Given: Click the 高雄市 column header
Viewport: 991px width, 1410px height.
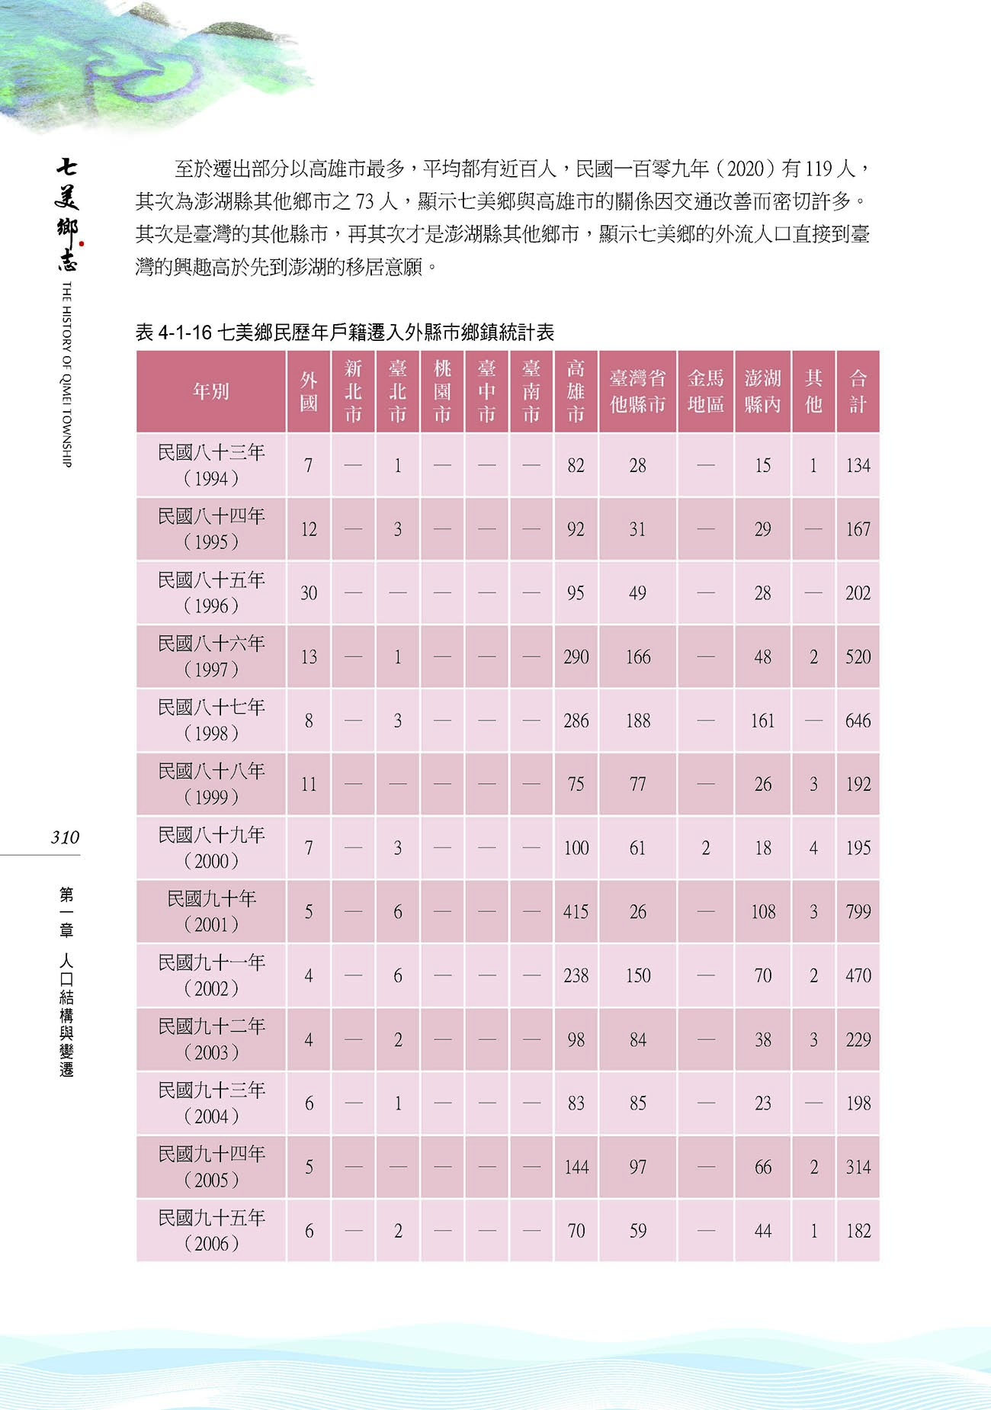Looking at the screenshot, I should (x=576, y=391).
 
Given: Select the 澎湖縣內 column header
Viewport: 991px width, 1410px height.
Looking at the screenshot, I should (x=762, y=391).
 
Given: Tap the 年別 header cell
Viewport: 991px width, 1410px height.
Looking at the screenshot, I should (x=211, y=391).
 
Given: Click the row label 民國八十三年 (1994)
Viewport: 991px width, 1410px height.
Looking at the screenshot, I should (x=211, y=465).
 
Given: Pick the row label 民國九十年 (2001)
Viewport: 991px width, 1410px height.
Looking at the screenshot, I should (x=211, y=911).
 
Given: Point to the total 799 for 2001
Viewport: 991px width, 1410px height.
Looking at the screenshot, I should (x=858, y=912).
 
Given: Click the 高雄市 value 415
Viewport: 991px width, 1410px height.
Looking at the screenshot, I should (x=576, y=912).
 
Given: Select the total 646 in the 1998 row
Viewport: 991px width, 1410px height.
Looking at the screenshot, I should (x=858, y=721).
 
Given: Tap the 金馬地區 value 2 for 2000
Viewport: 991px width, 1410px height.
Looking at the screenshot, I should (x=705, y=848).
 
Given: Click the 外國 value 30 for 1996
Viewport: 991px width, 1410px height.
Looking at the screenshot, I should (x=309, y=593).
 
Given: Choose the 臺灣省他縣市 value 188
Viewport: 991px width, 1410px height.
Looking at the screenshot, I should (x=637, y=721).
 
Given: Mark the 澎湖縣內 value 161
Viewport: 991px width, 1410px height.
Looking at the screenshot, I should (x=762, y=721).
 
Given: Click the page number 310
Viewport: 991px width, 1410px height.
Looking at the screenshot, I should (x=65, y=837).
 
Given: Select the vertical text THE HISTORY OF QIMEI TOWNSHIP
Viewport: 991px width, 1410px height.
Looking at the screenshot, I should (x=66, y=374).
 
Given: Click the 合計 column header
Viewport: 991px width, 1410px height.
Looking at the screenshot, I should (x=858, y=391).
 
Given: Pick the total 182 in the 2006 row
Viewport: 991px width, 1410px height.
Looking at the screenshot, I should (x=858, y=1231).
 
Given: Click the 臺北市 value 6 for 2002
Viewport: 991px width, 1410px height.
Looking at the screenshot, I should (x=397, y=976).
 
